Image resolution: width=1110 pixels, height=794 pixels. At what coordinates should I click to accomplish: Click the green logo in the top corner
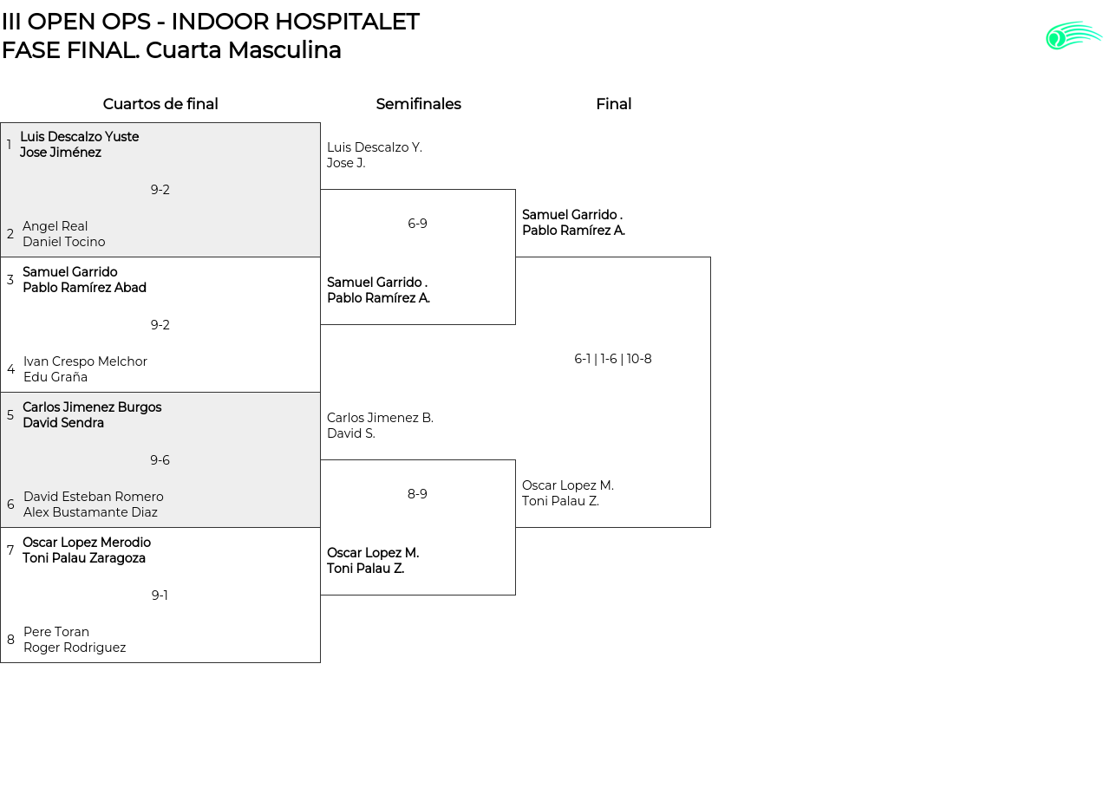pos(1074,36)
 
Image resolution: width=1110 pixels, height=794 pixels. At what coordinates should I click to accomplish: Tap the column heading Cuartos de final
pos(160,104)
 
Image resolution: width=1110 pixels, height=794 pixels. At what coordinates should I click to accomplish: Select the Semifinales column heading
pos(418,104)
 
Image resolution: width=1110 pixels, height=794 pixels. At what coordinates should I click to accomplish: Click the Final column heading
pos(613,104)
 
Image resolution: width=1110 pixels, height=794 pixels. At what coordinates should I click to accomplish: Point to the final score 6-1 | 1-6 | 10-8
pos(612,359)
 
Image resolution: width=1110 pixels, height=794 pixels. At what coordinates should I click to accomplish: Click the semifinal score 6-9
pos(417,224)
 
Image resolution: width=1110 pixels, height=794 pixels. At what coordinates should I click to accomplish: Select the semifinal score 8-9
pos(417,494)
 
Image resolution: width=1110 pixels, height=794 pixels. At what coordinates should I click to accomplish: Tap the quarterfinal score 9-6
pos(160,460)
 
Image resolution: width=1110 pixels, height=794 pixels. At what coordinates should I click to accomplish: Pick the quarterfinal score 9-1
pos(160,595)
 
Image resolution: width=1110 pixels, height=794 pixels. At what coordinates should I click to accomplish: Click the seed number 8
pos(10,640)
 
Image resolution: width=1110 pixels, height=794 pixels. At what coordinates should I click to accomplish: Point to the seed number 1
pos(9,144)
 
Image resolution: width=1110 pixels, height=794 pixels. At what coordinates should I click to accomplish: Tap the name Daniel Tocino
pos(64,242)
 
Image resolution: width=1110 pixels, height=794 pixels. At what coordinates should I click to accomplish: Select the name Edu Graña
pos(55,377)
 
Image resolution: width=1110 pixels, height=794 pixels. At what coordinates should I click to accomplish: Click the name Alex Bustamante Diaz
pos(90,512)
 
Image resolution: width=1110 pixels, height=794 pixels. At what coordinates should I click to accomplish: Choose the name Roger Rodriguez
pos(75,648)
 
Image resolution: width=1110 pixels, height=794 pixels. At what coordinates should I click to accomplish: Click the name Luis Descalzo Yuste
pos(79,137)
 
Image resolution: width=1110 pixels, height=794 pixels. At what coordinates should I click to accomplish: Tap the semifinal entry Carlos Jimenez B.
pos(380,418)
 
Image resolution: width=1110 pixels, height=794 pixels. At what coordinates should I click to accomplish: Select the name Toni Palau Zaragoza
pos(84,558)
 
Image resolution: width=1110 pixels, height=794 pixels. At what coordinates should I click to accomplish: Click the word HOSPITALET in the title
pos(348,22)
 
